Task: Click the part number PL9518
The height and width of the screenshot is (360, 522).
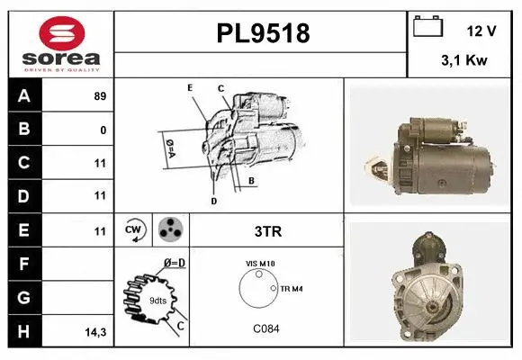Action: (x=263, y=34)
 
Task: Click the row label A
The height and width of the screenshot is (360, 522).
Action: (x=23, y=95)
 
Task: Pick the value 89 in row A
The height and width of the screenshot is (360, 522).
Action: (x=100, y=96)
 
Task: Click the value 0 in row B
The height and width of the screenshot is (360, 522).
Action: (x=103, y=130)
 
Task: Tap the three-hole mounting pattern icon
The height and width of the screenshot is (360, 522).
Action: (x=169, y=230)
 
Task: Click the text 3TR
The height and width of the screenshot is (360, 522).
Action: (x=269, y=231)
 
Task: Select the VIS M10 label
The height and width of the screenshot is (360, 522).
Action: (x=260, y=264)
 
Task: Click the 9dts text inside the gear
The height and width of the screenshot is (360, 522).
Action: (x=157, y=300)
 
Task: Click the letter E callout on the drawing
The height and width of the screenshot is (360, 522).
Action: (x=190, y=87)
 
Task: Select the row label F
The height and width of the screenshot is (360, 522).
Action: (x=23, y=264)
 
